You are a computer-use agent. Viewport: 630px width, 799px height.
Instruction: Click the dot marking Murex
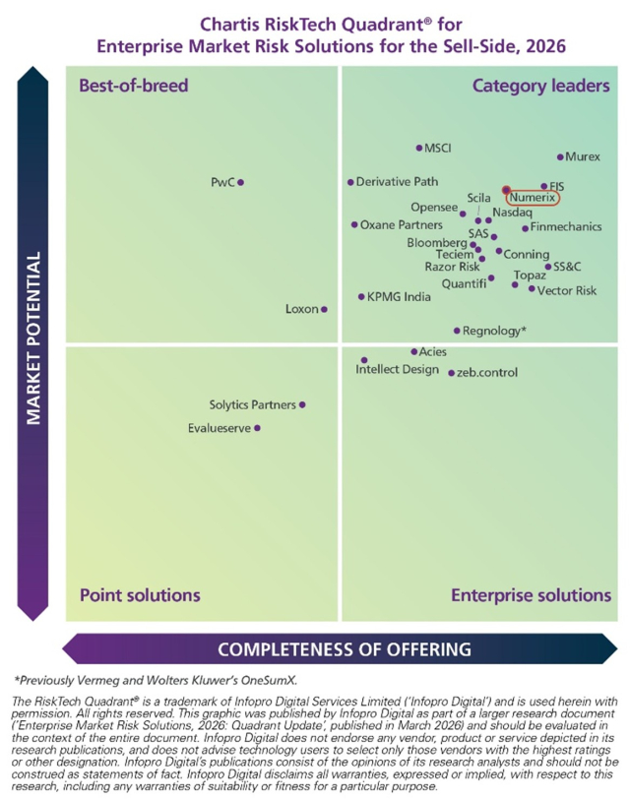pos(560,157)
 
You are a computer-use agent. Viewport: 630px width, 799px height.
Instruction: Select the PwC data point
pos(240,182)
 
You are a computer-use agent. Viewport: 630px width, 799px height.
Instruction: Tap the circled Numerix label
pos(533,198)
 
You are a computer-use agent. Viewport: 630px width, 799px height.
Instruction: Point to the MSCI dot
pos(418,149)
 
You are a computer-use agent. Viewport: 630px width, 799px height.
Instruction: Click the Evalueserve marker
pos(258,428)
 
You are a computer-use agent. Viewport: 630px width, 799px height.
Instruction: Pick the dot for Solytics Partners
pos(302,404)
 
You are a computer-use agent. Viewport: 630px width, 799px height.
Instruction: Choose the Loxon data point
pos(325,309)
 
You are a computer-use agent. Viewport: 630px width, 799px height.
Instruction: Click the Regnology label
pos(494,331)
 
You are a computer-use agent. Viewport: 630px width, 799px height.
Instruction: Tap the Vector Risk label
pos(567,290)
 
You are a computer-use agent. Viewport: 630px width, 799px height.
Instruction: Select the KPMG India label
pos(399,296)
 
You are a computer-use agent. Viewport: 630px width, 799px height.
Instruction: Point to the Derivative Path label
pos(397,182)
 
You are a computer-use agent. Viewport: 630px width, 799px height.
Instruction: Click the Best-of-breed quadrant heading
pos(133,86)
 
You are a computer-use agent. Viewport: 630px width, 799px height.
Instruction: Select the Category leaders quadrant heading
pos(540,86)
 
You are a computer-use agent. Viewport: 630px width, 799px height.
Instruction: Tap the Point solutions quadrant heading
pos(140,594)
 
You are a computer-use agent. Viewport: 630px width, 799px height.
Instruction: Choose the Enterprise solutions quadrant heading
pos(531,594)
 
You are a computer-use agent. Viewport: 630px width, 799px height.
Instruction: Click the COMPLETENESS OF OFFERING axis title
pos(344,649)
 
